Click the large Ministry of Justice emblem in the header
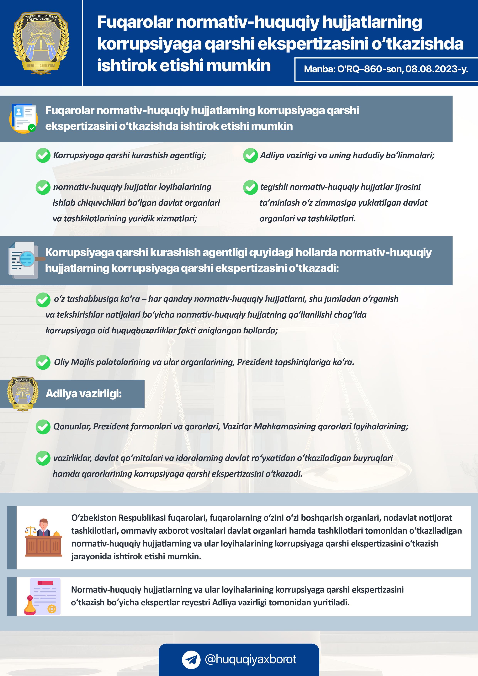[x=41, y=43]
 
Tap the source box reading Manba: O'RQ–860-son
[x=386, y=69]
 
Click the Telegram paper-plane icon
[x=191, y=659]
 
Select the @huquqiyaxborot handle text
[x=250, y=659]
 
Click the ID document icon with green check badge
[x=24, y=118]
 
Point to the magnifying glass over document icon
[x=25, y=260]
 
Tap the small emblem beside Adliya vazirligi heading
[x=23, y=394]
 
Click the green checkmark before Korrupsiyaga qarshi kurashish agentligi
[x=43, y=156]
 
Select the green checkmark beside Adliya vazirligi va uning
[x=251, y=156]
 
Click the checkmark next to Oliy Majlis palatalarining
[x=43, y=362]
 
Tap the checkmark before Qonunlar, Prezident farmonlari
[x=43, y=427]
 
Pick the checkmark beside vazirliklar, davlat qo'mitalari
[x=43, y=458]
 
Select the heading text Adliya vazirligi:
[x=84, y=394]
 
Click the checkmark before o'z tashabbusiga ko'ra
[x=43, y=299]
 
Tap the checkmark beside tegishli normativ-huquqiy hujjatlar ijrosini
[x=251, y=187]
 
